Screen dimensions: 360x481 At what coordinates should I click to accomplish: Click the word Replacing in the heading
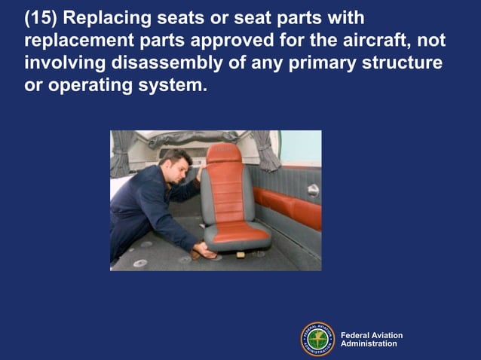coord(116,17)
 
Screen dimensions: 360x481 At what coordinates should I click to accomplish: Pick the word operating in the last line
coord(86,85)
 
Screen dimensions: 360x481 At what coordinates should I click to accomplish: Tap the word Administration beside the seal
coord(369,344)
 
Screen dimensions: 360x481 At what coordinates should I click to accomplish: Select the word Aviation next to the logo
coord(384,335)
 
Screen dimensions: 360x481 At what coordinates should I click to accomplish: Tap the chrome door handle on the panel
coord(312,191)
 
